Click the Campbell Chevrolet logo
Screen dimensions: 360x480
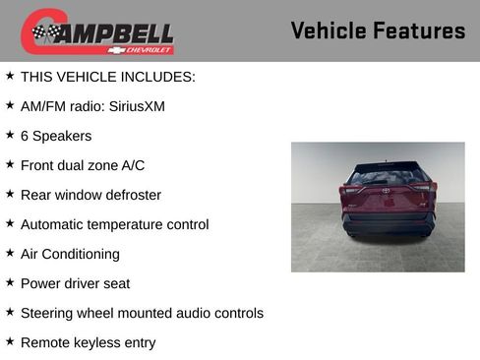[97, 31]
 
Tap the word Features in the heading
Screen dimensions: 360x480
[421, 30]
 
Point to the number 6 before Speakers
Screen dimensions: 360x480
[25, 136]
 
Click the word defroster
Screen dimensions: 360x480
[130, 195]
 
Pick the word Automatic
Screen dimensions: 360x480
[55, 224]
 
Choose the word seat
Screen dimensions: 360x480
[143, 283]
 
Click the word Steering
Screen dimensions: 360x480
[48, 313]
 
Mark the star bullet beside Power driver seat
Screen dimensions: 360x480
[10, 282]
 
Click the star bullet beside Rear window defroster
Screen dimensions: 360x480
[10, 194]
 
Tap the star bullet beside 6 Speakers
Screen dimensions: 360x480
[10, 135]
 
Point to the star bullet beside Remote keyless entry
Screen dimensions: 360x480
[10, 341]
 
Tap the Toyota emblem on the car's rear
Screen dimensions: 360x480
[386, 190]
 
